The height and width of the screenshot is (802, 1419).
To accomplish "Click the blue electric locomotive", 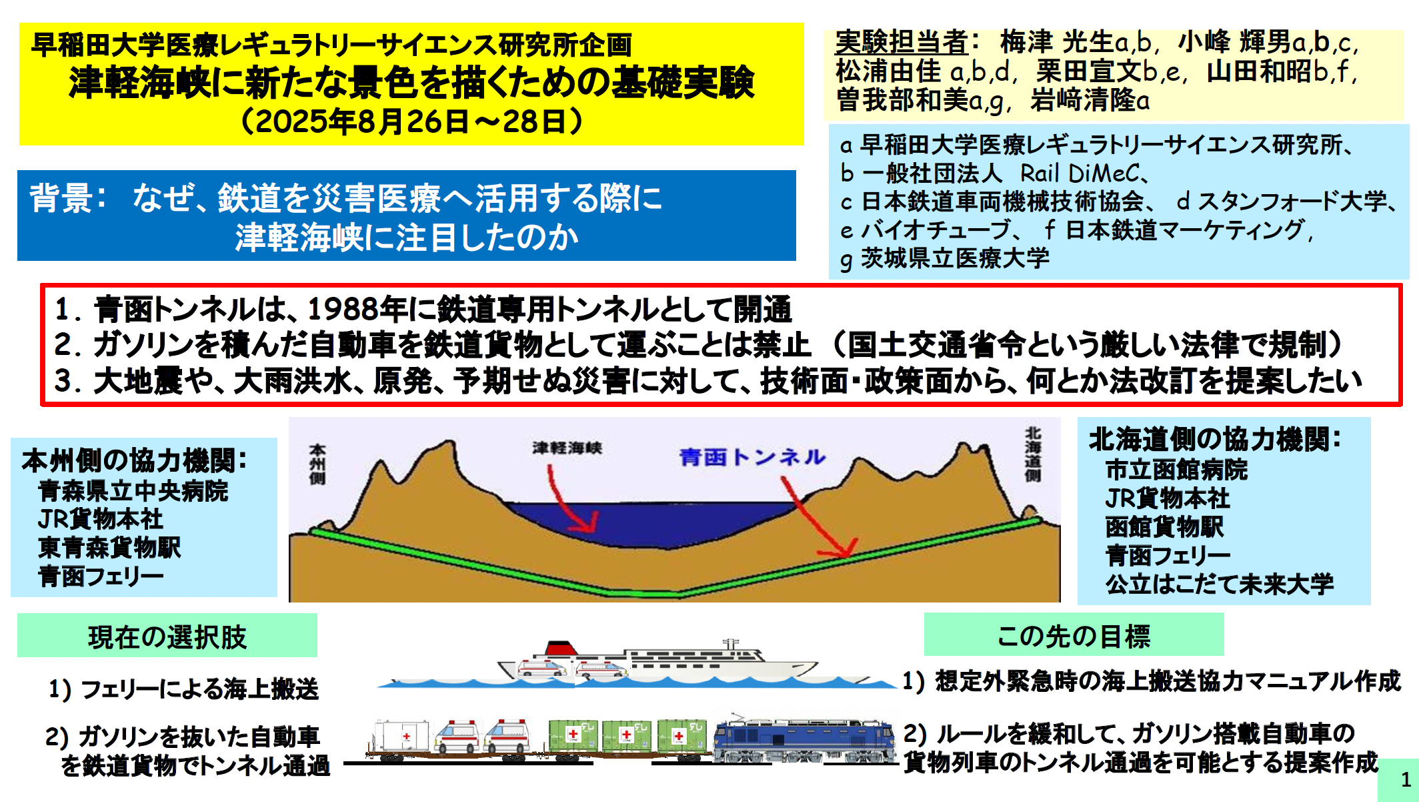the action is click(x=805, y=739).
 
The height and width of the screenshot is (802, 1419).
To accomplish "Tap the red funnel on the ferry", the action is click(x=560, y=648).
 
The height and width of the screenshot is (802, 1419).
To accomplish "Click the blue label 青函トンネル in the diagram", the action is click(x=753, y=457).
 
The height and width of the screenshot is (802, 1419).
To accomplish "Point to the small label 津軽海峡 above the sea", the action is click(x=567, y=448).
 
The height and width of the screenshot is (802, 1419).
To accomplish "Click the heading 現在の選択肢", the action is click(x=167, y=637).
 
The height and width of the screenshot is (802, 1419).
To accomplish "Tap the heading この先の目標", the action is click(x=1074, y=636).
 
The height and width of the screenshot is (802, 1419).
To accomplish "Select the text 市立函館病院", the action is click(x=1176, y=470).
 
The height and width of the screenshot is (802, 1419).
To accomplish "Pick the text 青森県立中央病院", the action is click(x=133, y=491).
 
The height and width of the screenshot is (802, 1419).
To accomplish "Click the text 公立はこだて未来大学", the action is click(x=1220, y=584).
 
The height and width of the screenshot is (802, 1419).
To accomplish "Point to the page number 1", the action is click(x=1406, y=779).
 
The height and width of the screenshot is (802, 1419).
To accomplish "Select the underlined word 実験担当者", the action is click(x=901, y=43).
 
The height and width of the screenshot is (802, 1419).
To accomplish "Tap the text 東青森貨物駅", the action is click(x=109, y=548).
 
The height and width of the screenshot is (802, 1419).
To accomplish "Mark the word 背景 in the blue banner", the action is click(x=61, y=198).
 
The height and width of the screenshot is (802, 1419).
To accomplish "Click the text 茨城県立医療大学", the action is click(x=955, y=258).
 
